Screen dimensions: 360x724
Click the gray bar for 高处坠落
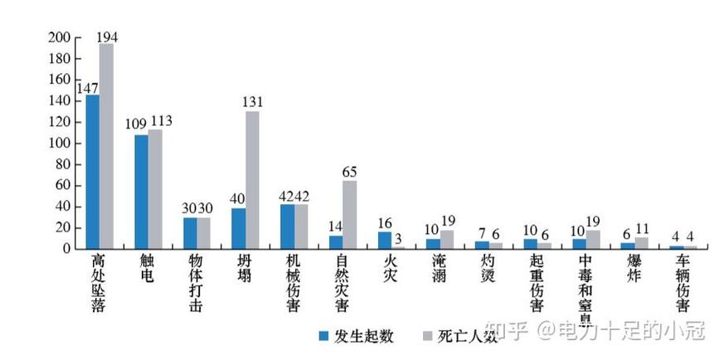[106, 146]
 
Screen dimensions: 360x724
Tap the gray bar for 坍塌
[252, 179]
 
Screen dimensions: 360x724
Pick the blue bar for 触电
[141, 192]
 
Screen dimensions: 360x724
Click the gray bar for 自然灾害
[349, 214]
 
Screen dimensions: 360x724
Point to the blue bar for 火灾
[384, 240]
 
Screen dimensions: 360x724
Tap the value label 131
[252, 103]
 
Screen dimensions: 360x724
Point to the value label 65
[350, 172]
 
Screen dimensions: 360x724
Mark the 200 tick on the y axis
[59, 38]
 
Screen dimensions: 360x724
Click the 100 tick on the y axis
[59, 144]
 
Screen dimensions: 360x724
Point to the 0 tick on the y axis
[66, 249]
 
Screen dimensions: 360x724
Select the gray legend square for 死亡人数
[429, 335]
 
